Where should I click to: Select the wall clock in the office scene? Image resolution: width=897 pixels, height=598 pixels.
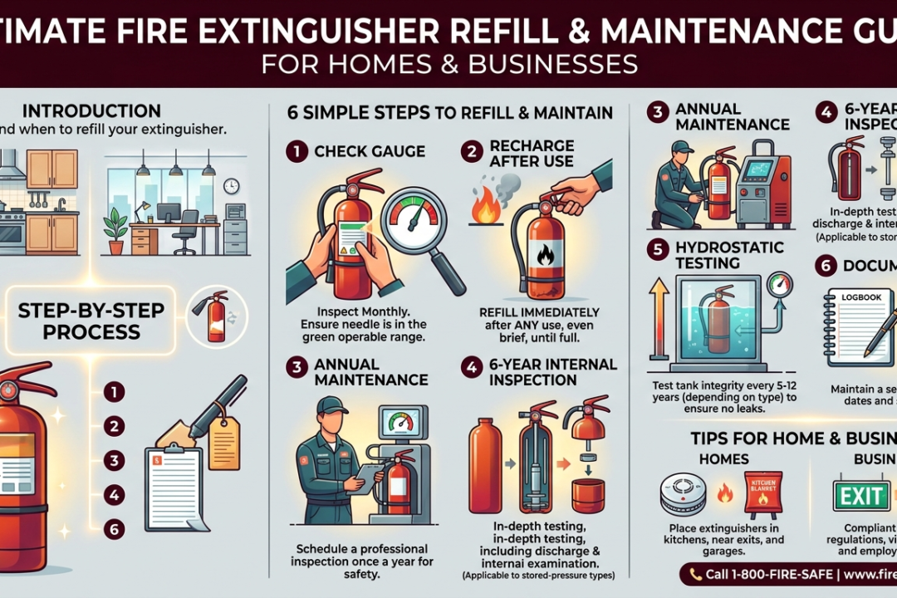click(231, 186)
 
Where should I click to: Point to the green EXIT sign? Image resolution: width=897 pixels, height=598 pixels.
click(861, 496)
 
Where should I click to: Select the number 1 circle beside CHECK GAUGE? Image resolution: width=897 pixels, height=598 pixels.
click(297, 151)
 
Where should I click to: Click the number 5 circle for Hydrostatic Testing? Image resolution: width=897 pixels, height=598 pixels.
click(658, 248)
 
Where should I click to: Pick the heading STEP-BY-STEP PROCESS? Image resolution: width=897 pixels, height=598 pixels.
click(80, 321)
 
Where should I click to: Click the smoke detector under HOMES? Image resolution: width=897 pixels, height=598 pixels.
click(683, 493)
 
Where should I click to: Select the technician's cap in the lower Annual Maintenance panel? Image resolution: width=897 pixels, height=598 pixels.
click(332, 405)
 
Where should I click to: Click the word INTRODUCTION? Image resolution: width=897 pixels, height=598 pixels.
click(91, 111)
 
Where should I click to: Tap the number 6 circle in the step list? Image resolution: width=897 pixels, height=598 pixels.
click(115, 527)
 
